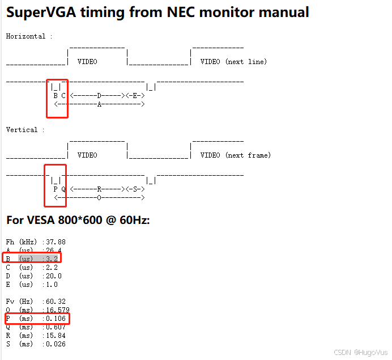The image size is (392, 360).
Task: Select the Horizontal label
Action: pos(25,36)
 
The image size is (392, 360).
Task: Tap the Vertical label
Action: pos(22,130)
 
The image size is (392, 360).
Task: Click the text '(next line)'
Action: pos(246,62)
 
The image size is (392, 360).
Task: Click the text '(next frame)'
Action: pos(248,155)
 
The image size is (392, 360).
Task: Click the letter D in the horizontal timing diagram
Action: pos(99,96)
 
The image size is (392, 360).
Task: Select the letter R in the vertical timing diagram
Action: pos(99,189)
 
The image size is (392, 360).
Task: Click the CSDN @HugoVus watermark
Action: pos(361,352)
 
